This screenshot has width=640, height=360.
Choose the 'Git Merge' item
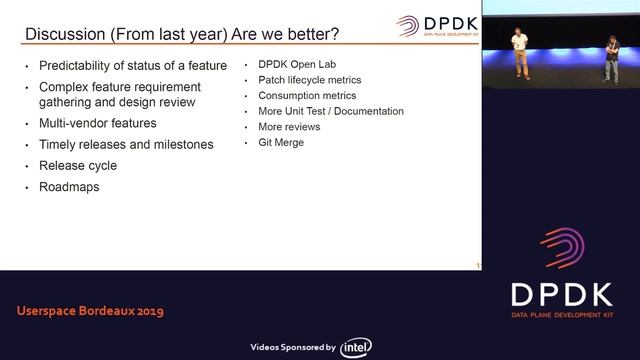tap(281, 143)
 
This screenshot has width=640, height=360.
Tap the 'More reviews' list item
tap(289, 127)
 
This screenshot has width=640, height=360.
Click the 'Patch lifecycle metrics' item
tap(309, 79)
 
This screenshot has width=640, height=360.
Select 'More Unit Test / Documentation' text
tap(330, 111)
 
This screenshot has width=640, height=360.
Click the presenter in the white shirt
tap(519, 52)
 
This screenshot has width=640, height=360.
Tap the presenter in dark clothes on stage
tap(610, 58)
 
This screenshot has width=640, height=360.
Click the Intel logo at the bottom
tap(357, 347)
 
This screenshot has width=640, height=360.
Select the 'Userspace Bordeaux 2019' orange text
tap(90, 311)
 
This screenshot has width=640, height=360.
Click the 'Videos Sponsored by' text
tap(291, 347)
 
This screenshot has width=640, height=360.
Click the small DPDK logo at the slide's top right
tap(436, 25)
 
